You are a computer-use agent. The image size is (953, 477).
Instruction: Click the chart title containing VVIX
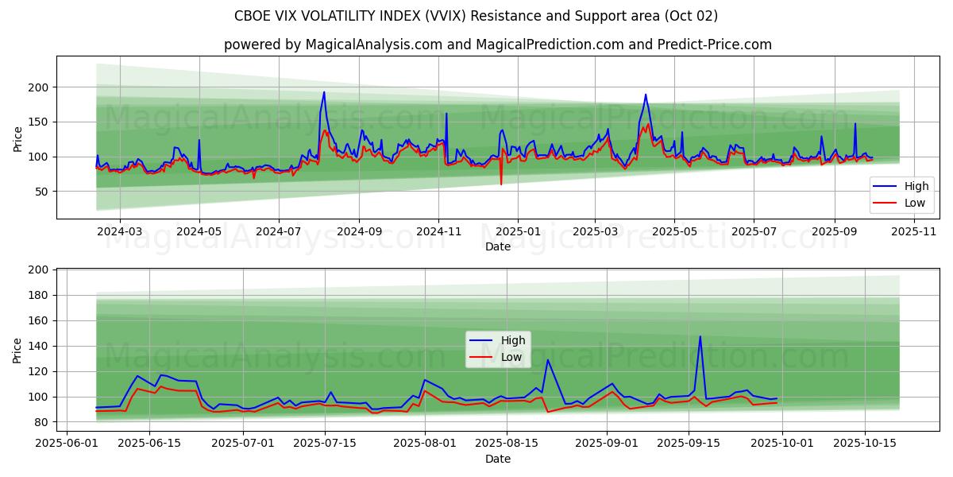click(x=476, y=16)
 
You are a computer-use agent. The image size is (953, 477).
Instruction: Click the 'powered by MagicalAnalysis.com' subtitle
click(x=497, y=45)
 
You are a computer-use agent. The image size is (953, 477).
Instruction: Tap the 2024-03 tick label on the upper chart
click(x=119, y=231)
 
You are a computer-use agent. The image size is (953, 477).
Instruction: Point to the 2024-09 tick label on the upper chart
click(x=358, y=231)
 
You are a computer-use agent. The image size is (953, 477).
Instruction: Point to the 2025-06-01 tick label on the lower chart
click(x=67, y=444)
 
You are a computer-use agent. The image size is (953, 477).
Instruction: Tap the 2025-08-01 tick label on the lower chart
click(x=425, y=444)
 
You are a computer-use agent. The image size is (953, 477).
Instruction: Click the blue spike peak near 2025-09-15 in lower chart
click(x=700, y=336)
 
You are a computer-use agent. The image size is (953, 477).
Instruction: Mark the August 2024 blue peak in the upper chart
click(x=324, y=92)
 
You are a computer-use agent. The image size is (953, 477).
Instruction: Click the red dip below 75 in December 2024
click(x=501, y=184)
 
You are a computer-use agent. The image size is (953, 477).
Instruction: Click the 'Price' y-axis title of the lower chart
click(x=17, y=350)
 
